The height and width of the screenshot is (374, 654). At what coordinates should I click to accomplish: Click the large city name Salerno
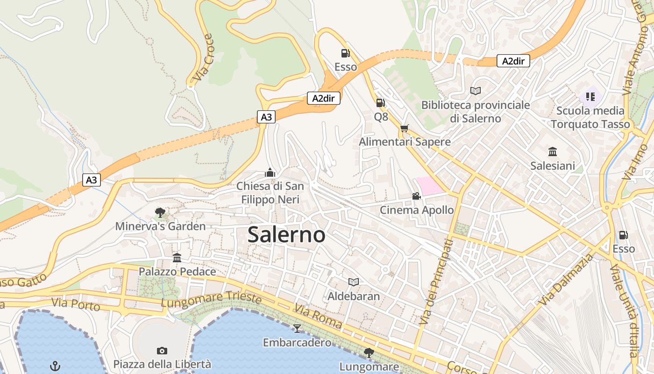click(286, 234)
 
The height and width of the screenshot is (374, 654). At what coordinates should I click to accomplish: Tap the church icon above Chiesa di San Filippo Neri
click(270, 173)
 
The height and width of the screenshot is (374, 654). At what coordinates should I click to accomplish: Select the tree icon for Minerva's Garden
click(160, 213)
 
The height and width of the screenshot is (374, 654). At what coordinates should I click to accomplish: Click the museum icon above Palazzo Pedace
click(177, 258)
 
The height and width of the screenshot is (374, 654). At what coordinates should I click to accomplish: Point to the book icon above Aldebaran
click(354, 282)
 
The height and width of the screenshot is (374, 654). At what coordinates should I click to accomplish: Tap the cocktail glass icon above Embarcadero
click(297, 328)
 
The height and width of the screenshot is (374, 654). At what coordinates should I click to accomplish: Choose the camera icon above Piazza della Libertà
click(162, 351)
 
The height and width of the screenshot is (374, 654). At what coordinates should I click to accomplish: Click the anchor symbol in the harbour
click(56, 366)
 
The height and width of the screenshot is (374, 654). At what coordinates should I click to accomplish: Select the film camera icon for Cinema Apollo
click(416, 196)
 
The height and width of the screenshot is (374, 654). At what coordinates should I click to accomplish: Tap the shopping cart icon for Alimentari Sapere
click(405, 128)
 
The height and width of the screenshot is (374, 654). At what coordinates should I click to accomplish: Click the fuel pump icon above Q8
click(381, 102)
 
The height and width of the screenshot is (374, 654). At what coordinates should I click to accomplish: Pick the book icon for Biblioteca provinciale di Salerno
click(476, 91)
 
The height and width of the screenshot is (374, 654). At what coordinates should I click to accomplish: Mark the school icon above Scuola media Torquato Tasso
click(590, 96)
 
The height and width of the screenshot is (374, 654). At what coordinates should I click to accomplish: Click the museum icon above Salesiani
click(553, 151)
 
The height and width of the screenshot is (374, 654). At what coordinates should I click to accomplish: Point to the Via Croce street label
click(203, 57)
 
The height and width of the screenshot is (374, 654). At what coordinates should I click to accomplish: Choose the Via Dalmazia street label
click(565, 280)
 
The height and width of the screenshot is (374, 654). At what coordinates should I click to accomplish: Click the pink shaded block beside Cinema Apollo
click(429, 186)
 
